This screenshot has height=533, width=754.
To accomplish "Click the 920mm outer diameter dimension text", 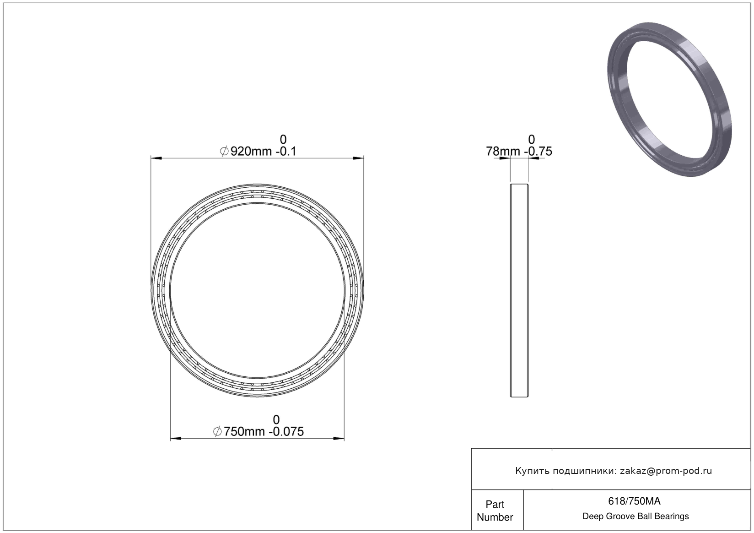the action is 251,151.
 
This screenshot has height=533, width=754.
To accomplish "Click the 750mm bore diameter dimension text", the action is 244,432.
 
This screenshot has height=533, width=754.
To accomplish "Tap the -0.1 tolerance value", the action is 286,151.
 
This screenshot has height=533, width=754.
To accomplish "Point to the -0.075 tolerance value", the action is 286,432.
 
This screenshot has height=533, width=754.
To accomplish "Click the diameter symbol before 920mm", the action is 224,151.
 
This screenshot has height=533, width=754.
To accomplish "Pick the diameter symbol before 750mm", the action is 217,432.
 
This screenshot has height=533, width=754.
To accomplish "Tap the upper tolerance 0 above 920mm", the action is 283,140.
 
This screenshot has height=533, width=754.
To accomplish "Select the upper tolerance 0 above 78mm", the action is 532,140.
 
